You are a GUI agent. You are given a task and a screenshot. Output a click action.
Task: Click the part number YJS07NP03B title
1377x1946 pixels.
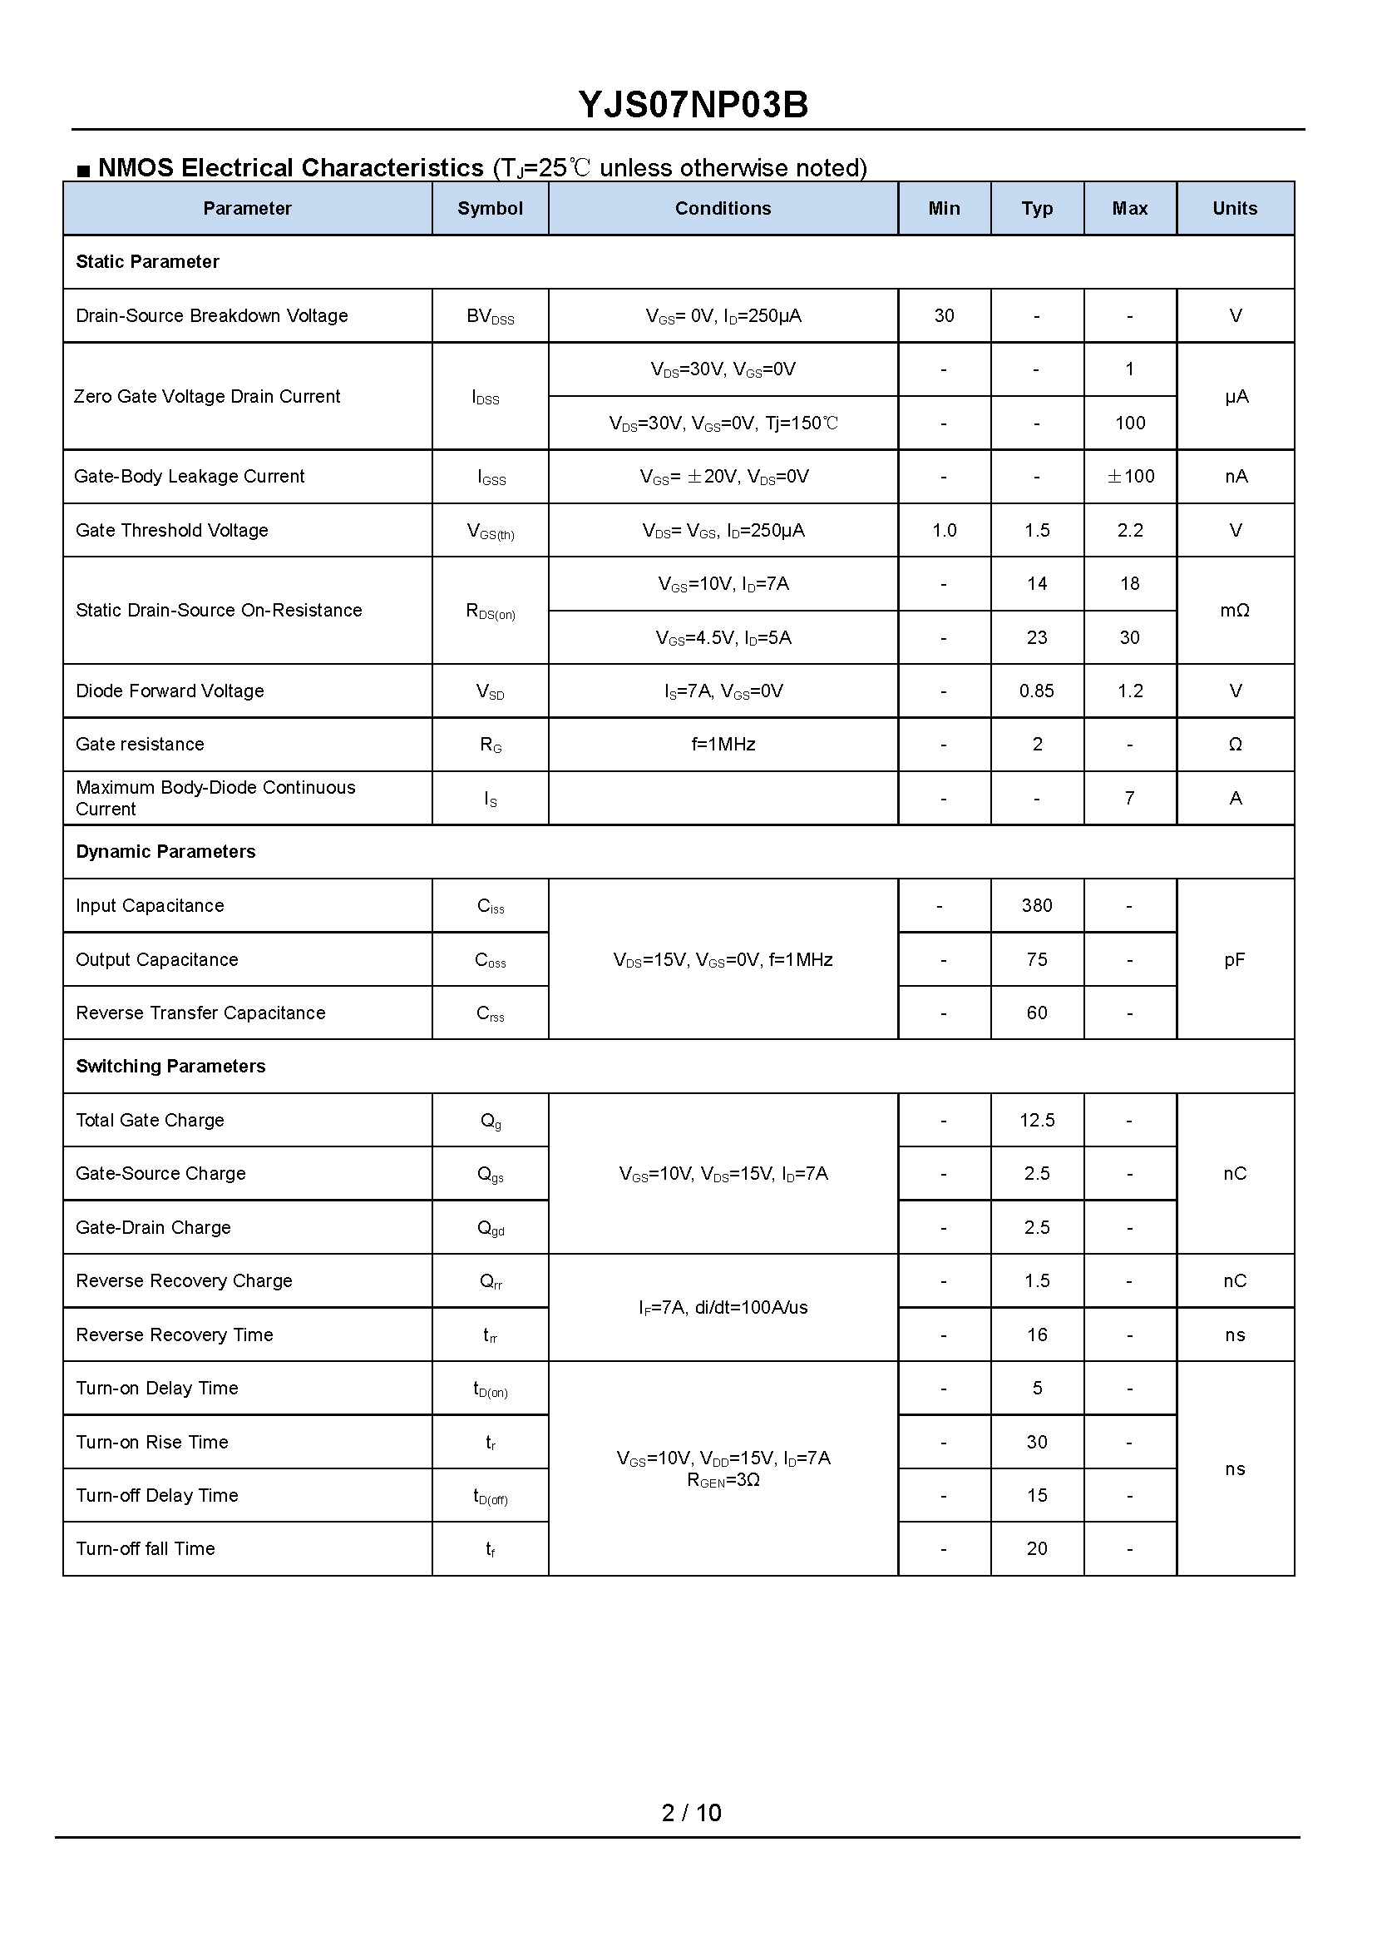point(693,105)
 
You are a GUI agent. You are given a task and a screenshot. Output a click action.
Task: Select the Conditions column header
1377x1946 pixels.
point(723,209)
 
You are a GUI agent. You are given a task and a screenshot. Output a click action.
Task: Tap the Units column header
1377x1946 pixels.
point(1235,209)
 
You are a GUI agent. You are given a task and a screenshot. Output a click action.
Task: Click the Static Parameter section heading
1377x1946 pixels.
point(147,262)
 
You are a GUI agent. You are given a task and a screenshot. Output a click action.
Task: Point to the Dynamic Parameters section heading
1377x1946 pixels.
point(165,852)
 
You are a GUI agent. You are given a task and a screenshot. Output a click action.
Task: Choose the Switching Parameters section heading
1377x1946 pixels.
point(170,1067)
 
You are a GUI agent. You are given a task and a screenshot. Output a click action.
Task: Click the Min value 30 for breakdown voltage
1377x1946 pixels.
point(944,316)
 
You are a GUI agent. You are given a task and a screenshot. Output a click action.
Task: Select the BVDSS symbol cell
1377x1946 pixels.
point(490,317)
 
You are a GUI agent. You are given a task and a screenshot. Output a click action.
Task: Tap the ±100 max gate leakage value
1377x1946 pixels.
point(1130,477)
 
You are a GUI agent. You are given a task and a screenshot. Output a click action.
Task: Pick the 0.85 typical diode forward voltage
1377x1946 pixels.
point(1036,691)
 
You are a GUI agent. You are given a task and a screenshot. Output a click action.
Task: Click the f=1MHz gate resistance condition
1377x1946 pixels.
point(723,745)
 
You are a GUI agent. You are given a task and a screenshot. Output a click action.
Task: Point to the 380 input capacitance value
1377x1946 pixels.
point(1036,906)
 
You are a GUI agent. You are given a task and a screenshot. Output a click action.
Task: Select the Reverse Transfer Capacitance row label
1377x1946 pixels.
point(200,1013)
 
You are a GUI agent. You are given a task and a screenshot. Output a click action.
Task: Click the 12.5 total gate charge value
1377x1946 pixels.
point(1036,1121)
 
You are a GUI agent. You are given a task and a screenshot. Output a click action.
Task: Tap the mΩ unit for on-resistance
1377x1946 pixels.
point(1235,611)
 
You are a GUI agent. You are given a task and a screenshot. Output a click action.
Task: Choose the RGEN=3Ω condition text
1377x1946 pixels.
point(723,1480)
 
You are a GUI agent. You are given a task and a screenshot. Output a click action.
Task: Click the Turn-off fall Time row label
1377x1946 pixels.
point(145,1549)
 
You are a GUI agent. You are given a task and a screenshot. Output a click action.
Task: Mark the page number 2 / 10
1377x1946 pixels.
point(691,1813)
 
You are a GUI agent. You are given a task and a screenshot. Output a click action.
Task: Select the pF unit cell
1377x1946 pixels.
point(1235,959)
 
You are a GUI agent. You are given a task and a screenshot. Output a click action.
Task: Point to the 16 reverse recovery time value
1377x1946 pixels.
point(1036,1335)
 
